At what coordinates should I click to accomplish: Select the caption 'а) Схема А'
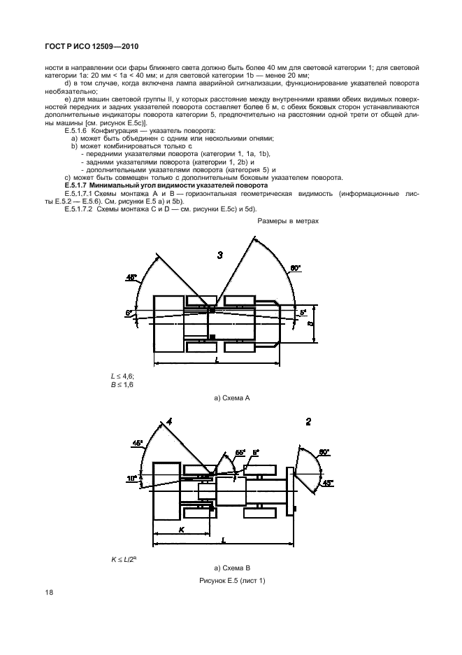[x=231, y=398]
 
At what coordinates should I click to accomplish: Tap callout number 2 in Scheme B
[x=308, y=421]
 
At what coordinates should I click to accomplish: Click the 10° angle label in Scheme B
[x=133, y=478]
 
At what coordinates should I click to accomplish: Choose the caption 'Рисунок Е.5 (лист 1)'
[x=231, y=581]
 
